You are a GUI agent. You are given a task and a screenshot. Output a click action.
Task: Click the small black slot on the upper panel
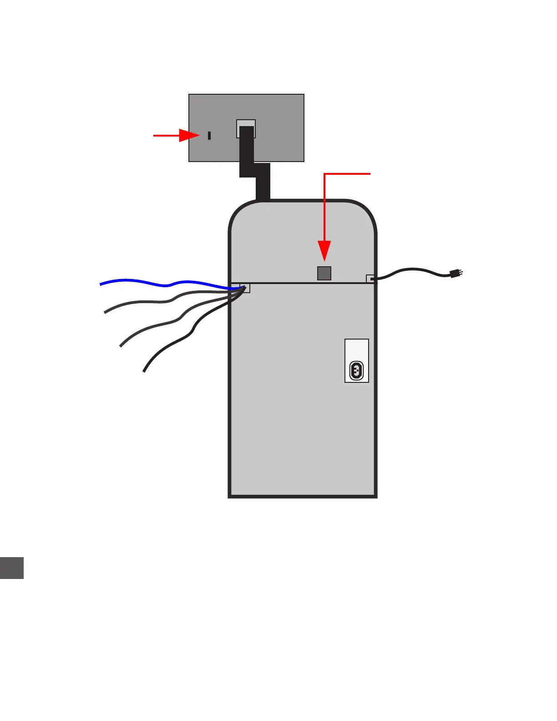pos(209,135)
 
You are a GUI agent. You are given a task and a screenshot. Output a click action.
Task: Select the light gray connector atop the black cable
pos(246,123)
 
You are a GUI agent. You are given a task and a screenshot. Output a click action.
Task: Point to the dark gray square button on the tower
pos(324,273)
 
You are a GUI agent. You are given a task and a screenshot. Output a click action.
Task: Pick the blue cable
pos(168,284)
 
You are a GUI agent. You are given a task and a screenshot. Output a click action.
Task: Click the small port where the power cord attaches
pos(370,279)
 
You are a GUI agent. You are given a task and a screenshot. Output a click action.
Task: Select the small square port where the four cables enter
pos(245,288)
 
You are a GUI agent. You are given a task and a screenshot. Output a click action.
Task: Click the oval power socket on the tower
pos(356,371)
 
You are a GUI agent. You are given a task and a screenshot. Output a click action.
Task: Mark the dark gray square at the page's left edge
pos(11,568)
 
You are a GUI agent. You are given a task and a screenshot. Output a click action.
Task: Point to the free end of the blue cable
pos(101,284)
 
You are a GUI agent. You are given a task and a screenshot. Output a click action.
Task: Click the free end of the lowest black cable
pos(144,371)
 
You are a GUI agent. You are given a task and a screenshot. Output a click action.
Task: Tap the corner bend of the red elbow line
pos(324,174)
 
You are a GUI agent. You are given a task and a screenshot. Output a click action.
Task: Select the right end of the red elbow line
pos(370,174)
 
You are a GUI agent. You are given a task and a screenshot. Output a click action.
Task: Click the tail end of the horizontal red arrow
pos(154,135)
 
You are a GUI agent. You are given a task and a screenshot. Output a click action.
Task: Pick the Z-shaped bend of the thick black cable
pos(255,170)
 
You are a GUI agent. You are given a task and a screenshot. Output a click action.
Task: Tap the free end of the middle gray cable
pos(121,346)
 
